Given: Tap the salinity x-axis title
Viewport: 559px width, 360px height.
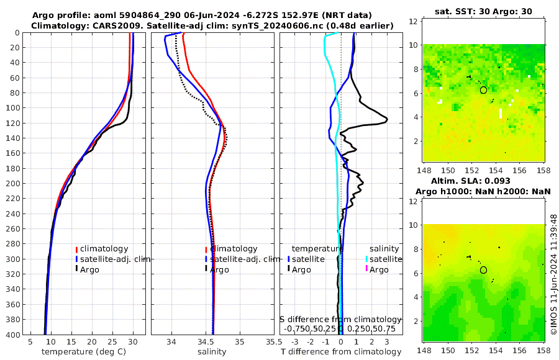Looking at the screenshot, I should pyautogui.click(x=211, y=352).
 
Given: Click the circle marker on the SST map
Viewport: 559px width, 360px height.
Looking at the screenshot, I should pyautogui.click(x=483, y=90).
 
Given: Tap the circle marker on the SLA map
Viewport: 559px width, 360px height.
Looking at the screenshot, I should pyautogui.click(x=483, y=270).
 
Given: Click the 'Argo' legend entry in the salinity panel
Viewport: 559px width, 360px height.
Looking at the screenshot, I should pyautogui.click(x=219, y=269).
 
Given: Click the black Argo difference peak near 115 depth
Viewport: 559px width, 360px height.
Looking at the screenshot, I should pyautogui.click(x=386, y=119).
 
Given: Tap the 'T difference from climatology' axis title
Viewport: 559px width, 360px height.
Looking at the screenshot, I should pyautogui.click(x=341, y=352).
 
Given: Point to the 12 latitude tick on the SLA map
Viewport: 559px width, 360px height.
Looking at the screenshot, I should pyautogui.click(x=412, y=202).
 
